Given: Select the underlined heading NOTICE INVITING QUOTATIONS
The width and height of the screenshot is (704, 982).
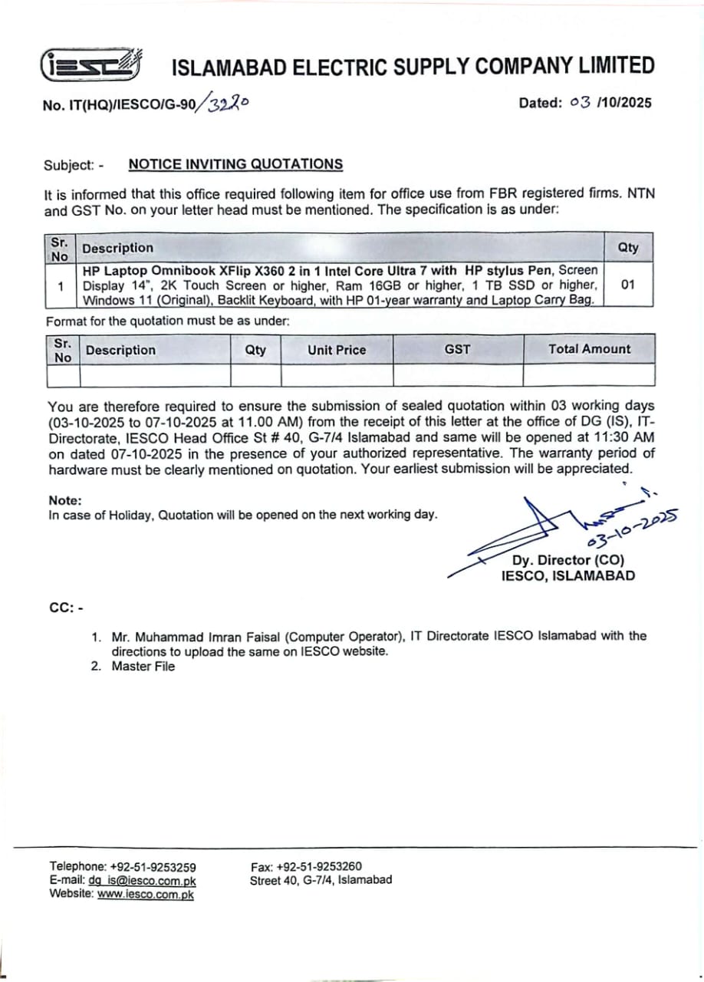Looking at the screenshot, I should point(235,164).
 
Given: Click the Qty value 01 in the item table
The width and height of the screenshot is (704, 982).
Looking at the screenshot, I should point(627,285).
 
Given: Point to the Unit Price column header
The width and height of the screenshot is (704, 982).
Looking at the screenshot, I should point(337,350).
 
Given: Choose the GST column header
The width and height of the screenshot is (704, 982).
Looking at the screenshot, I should point(457,349).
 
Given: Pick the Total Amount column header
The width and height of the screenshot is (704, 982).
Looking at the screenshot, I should point(589,349).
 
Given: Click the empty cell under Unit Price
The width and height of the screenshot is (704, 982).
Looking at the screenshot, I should point(337,375).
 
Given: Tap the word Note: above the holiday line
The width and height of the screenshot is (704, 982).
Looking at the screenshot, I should point(64,500).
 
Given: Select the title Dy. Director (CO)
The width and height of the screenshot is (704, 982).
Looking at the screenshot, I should point(568,560).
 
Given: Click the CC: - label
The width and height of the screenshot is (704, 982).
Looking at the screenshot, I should point(66,608).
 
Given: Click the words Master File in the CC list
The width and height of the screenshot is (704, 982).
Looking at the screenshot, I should point(143,667).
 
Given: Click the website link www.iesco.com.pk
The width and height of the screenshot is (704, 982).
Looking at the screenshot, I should point(146,894).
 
